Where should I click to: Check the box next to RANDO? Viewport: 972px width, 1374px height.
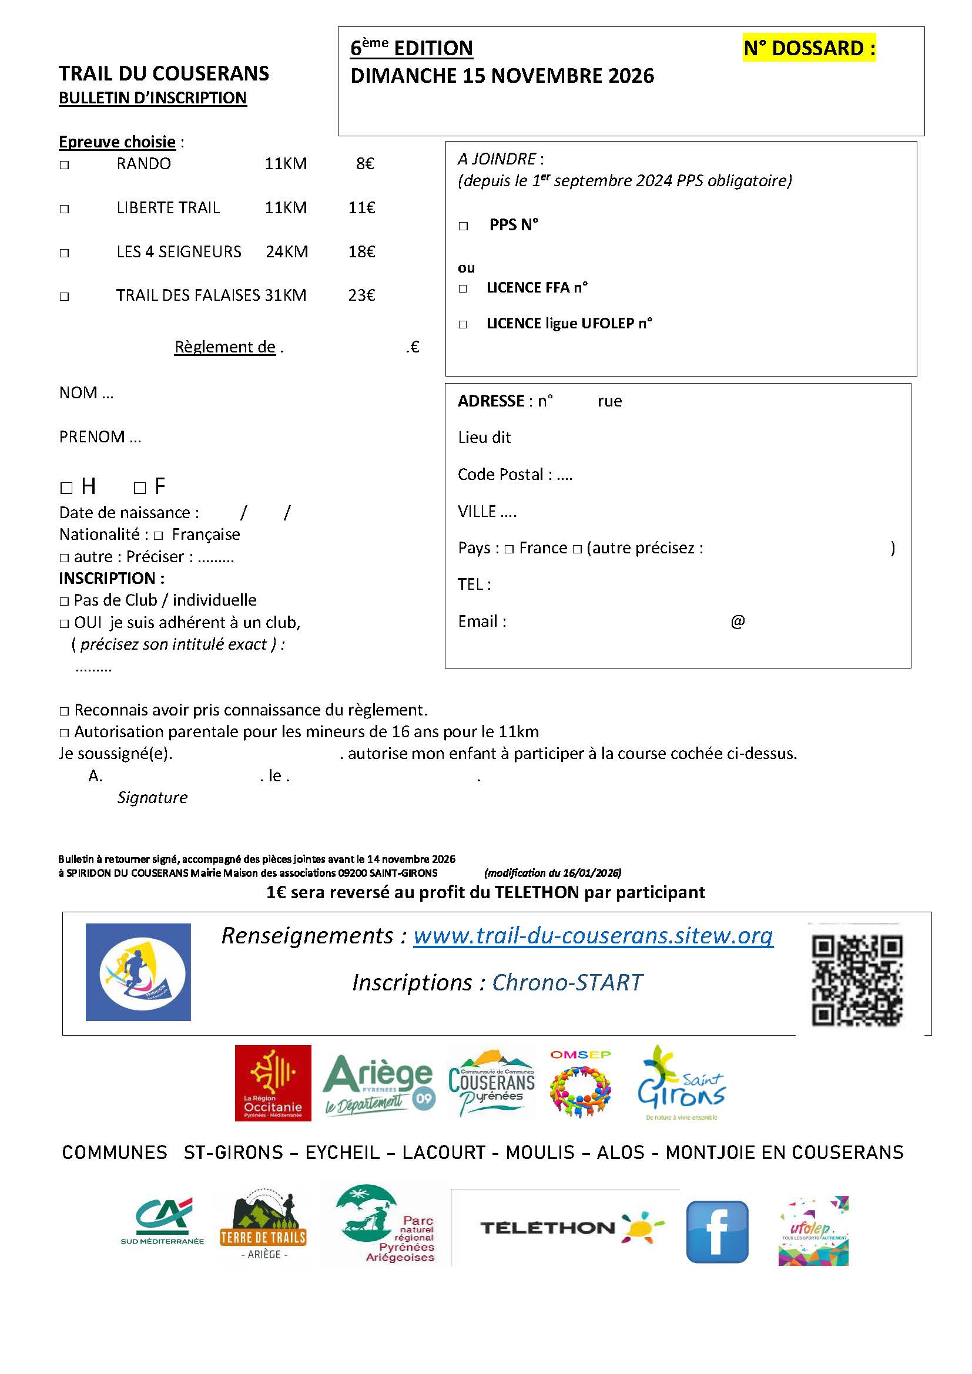[64, 165]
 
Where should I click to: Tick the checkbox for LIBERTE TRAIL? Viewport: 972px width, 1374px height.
[64, 209]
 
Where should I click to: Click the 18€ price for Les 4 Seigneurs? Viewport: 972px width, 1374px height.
[361, 252]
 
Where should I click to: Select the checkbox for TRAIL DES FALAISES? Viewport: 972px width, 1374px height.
[64, 296]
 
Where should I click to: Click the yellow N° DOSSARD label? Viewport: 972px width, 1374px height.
[809, 48]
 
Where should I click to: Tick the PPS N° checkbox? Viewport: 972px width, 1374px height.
[463, 226]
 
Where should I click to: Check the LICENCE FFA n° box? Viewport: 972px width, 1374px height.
[462, 288]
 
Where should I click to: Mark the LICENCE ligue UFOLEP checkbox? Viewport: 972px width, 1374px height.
[462, 324]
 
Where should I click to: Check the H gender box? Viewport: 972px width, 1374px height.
[66, 488]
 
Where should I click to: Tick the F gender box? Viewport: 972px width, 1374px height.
[140, 488]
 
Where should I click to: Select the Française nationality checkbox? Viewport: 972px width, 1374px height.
[158, 535]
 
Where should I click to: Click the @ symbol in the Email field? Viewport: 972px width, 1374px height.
[738, 621]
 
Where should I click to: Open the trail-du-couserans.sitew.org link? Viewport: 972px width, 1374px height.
[592, 935]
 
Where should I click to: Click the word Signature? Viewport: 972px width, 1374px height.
[152, 798]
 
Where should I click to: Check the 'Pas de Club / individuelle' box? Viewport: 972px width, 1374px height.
[64, 602]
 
